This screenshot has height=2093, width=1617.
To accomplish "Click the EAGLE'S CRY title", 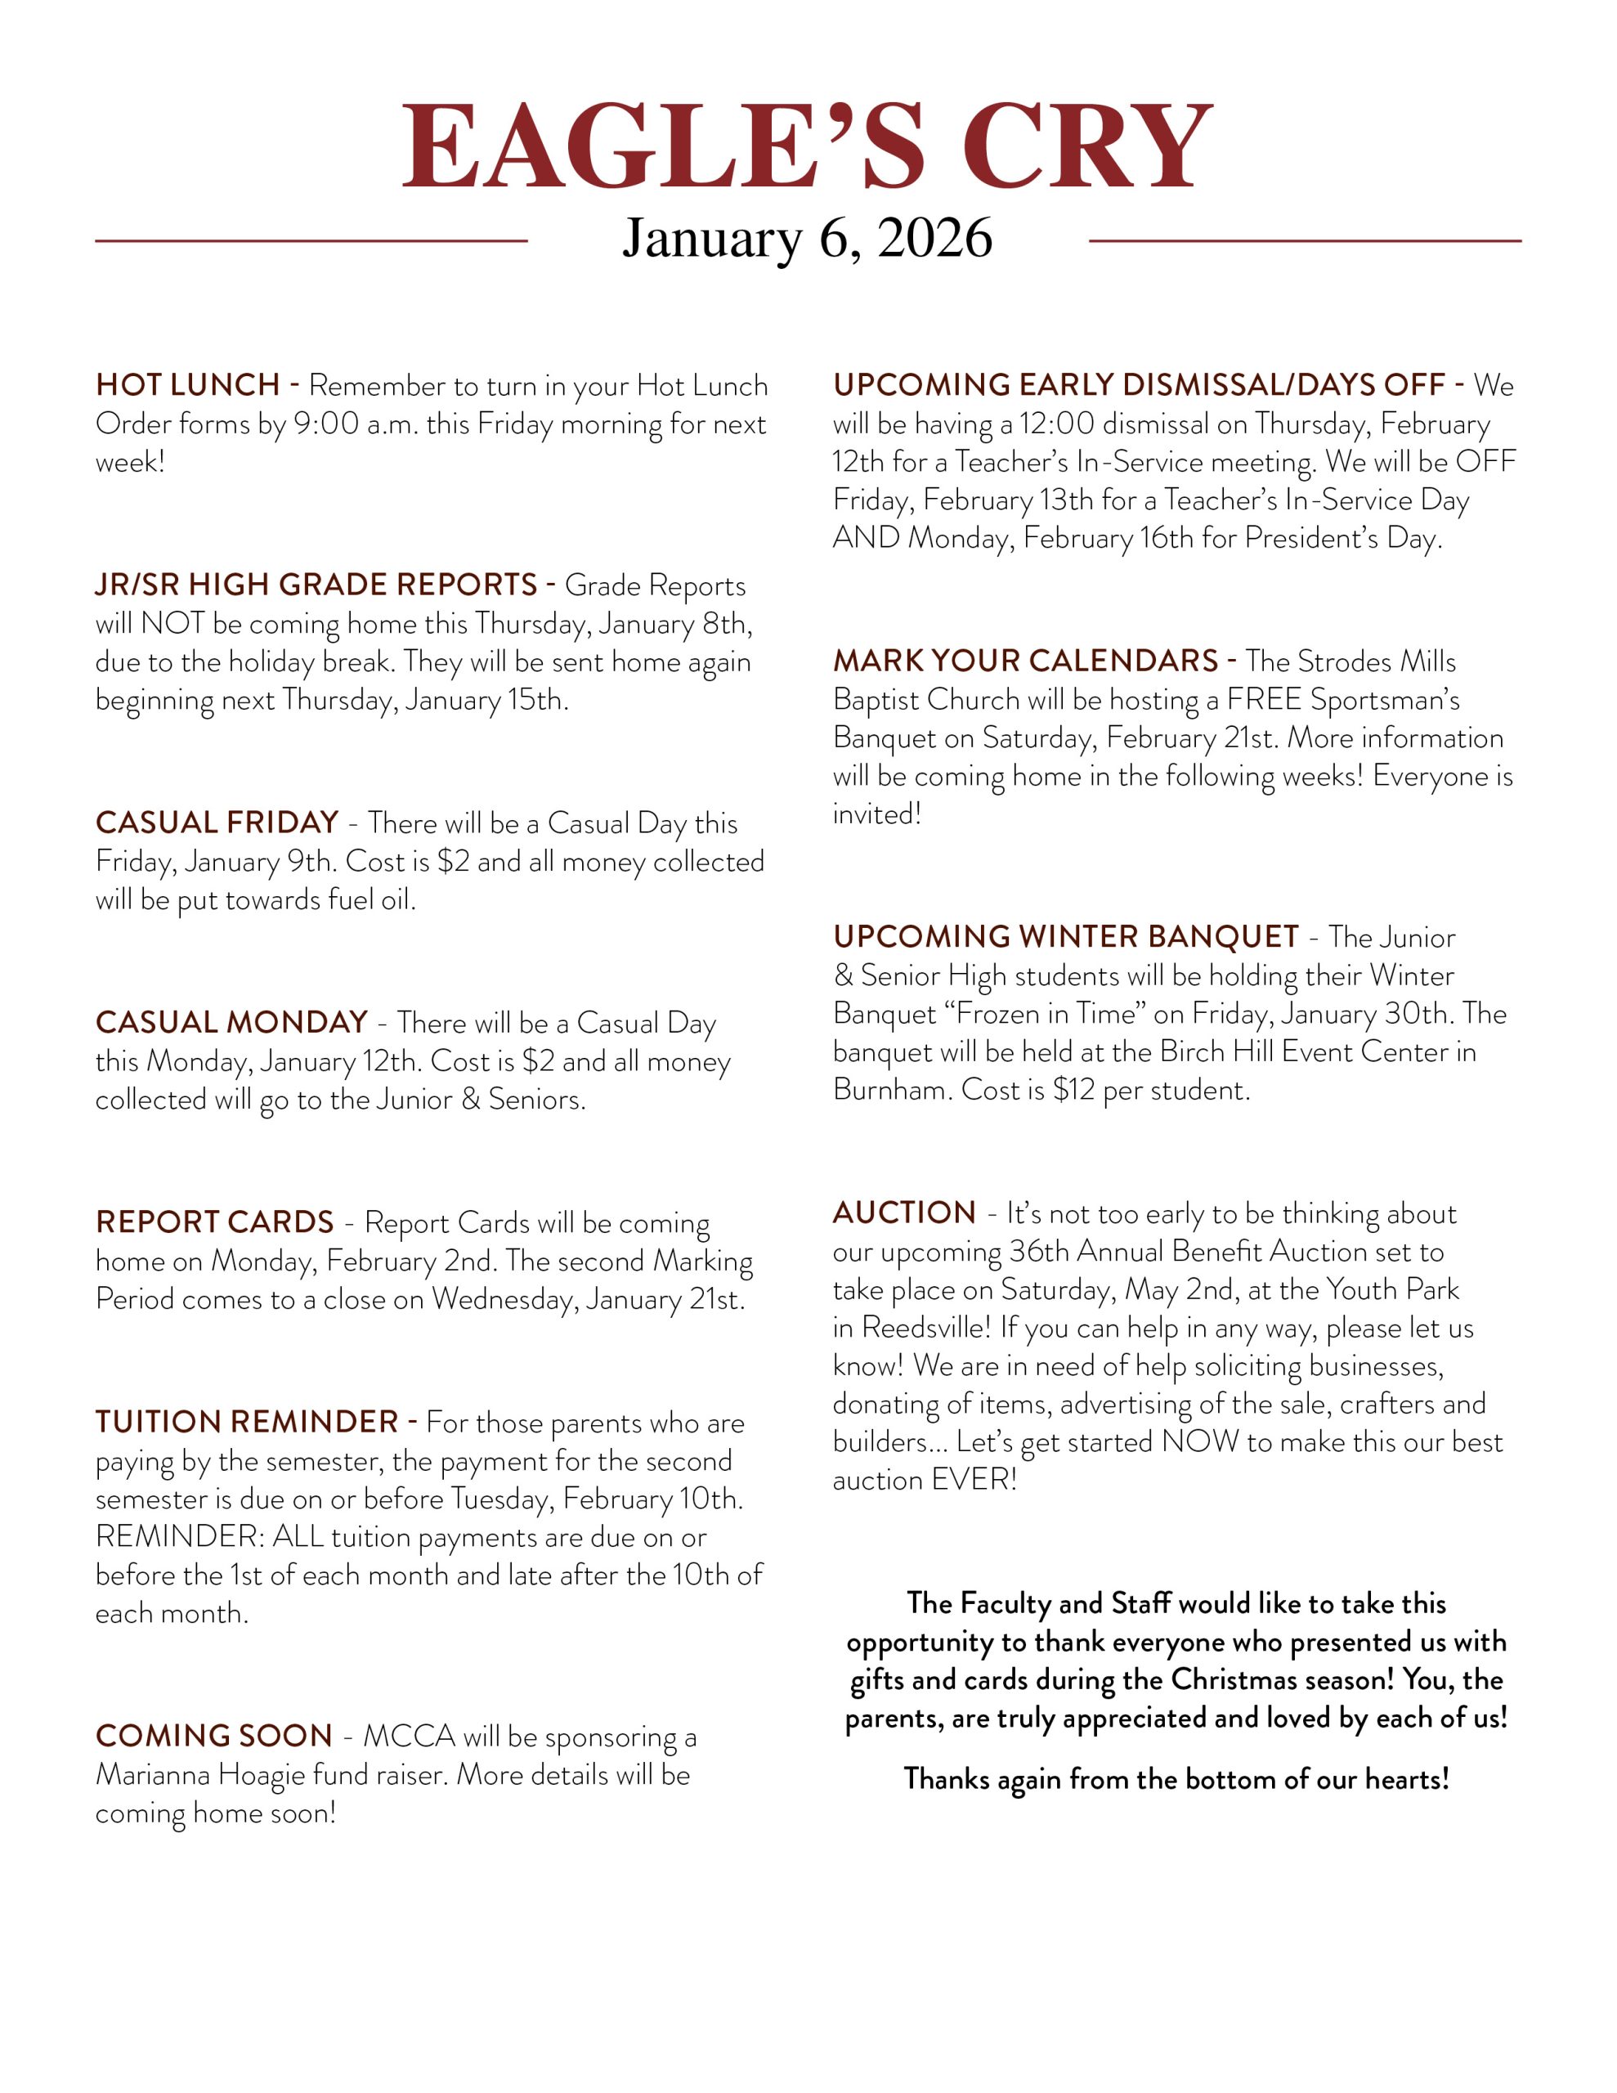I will click(807, 146).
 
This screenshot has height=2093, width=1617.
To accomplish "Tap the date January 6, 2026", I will click(807, 238).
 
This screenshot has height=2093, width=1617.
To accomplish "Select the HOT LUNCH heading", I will click(188, 385).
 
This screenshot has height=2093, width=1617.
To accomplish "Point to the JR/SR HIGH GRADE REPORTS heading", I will click(316, 585).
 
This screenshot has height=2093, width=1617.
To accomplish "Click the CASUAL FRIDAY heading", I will click(217, 822).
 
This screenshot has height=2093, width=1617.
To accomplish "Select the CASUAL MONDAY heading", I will click(231, 1022).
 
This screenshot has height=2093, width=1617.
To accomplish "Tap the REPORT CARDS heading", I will click(215, 1222).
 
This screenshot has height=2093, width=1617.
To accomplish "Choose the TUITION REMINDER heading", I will click(246, 1421).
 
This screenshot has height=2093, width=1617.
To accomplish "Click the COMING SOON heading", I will click(213, 1736).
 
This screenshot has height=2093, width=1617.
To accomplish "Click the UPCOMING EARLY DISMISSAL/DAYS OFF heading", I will click(1139, 385).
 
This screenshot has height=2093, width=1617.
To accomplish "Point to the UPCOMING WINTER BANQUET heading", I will click(1066, 936).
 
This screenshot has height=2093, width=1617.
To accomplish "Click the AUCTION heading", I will click(904, 1212).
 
